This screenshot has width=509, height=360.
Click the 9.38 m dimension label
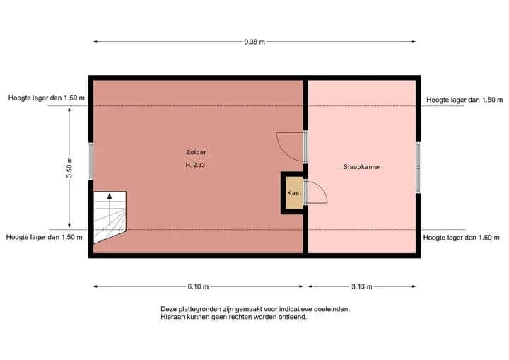pos(255,42)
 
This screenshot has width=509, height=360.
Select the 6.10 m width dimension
pos(198,286)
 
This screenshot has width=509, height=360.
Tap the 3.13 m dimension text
pos(362,286)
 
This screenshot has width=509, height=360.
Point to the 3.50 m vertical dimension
pos(69,168)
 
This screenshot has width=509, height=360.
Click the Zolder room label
pos(196,152)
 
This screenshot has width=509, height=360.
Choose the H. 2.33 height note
pos(195,165)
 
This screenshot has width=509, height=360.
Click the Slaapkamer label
pos(362,167)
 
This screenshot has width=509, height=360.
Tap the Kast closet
pos(294,193)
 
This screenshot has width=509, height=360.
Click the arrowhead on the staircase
pos(110,196)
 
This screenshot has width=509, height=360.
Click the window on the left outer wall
pos(91,161)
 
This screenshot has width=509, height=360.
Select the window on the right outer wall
pos(418,168)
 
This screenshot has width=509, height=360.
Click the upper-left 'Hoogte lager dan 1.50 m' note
pos(47,98)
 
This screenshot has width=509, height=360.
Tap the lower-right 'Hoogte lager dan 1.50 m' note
pos(461,238)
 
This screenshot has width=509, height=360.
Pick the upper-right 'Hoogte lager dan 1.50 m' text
pos(464,100)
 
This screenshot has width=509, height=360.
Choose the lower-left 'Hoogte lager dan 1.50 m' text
pos(44,237)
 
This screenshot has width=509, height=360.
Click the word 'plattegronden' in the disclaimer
pos(199,309)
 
